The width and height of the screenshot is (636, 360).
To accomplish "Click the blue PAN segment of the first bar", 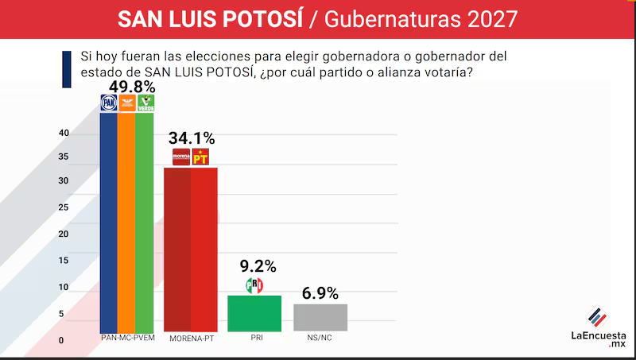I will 108,223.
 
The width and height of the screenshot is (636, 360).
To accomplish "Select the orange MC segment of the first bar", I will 126,223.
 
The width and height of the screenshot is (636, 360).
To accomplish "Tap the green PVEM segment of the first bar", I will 145,223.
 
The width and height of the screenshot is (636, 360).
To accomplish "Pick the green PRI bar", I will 254,313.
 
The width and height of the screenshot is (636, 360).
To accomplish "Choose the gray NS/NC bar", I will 320,317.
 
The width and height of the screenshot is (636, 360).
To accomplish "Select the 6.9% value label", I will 320,292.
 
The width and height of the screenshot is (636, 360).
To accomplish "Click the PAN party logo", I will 108,103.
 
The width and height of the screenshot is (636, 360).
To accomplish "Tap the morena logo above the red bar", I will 181,157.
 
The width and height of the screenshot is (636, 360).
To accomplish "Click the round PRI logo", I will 254,285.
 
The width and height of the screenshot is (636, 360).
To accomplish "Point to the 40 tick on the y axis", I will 64,134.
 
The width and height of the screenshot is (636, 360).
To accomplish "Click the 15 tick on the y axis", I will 64,261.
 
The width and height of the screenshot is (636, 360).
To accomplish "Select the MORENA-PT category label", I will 192,339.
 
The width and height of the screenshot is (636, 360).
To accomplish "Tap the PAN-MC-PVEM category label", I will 127,339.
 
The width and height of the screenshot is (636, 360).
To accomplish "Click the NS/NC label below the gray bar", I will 320,339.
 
